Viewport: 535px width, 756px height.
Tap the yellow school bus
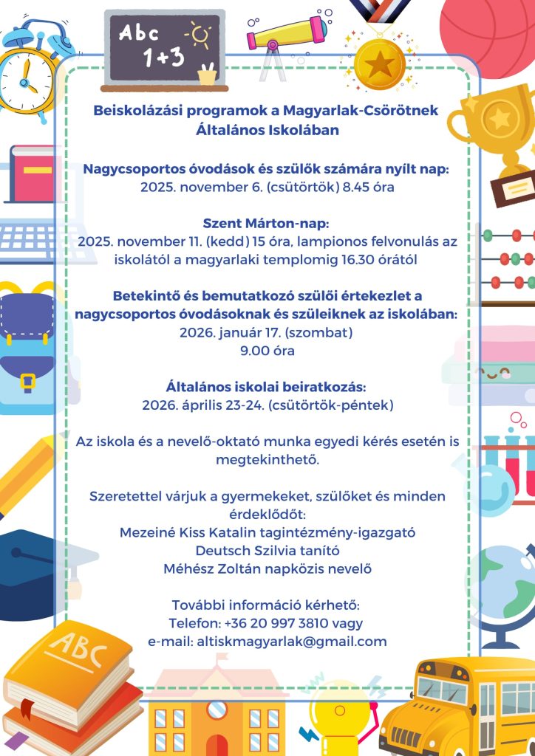[458, 709]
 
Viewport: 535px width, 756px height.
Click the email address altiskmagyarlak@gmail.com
[292, 642]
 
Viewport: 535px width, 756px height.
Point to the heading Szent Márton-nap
[266, 223]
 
